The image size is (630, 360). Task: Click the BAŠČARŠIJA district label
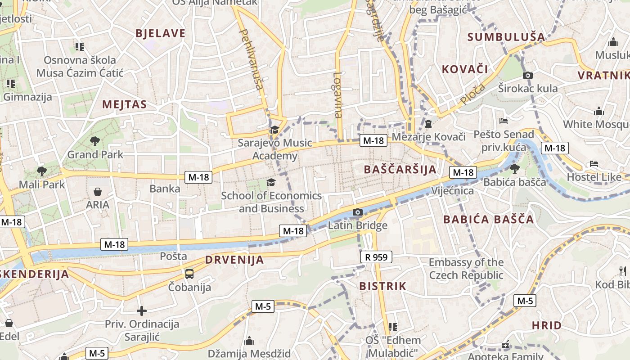click(x=400, y=170)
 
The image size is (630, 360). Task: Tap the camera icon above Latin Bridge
click(x=358, y=212)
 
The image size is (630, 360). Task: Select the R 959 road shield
click(x=376, y=257)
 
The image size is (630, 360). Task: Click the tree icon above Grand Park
click(x=94, y=141)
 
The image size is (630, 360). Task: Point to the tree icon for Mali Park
click(x=42, y=171)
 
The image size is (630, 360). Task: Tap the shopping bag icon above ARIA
click(x=98, y=192)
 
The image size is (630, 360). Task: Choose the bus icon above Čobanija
click(x=189, y=274)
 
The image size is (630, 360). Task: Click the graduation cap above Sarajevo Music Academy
click(x=274, y=130)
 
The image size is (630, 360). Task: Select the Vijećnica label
click(x=452, y=191)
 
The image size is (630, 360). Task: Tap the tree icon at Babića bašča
click(x=514, y=169)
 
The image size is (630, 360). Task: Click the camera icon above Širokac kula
click(x=528, y=75)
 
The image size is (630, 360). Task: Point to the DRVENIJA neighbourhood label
click(x=234, y=260)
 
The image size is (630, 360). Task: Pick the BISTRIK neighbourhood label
click(x=382, y=286)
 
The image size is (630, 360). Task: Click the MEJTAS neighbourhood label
click(x=125, y=105)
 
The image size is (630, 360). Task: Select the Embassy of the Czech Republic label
click(x=466, y=269)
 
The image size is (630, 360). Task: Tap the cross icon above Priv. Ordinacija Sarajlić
click(x=142, y=310)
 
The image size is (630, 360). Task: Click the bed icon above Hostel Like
click(x=594, y=164)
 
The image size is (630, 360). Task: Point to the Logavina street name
click(x=338, y=95)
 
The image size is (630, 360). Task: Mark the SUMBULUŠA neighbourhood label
click(x=506, y=37)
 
